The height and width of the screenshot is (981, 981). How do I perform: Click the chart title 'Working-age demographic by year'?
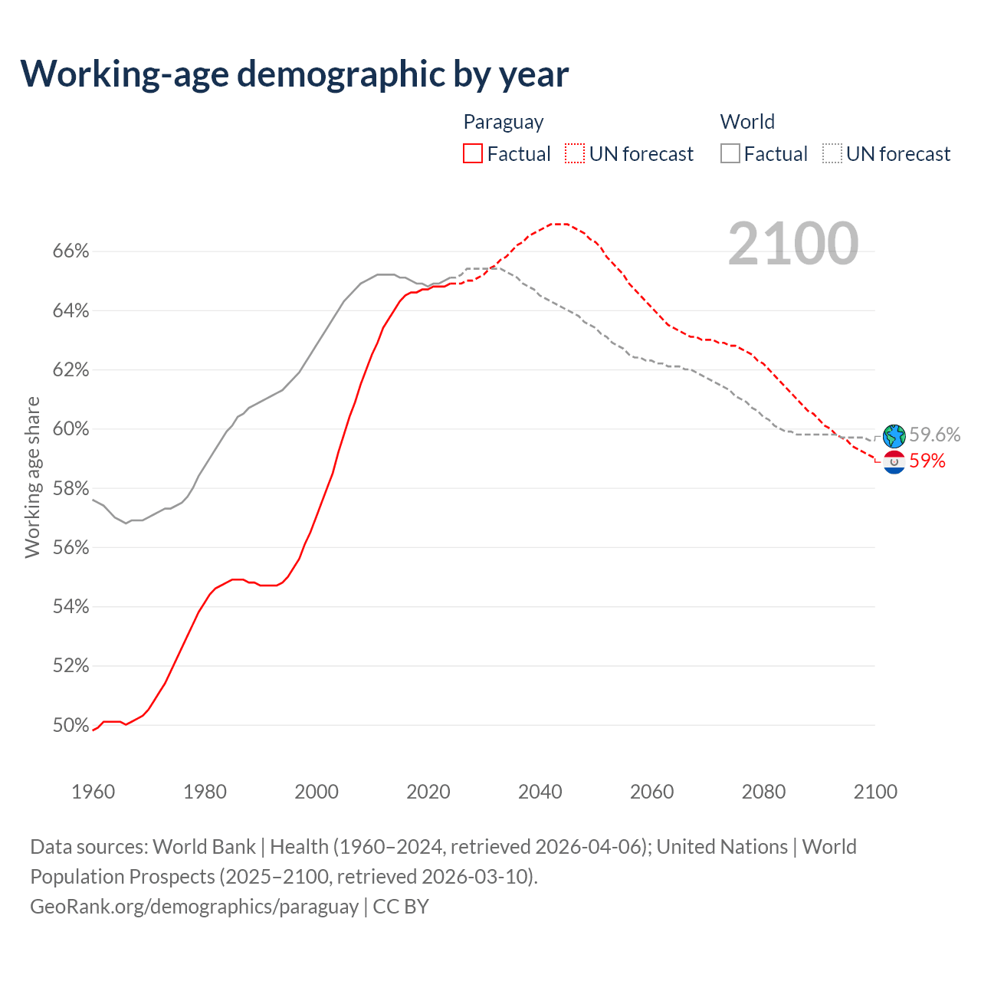pos(294,74)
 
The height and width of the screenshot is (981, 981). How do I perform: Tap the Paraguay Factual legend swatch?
pos(473,154)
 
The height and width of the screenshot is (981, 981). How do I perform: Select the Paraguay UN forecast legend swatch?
pos(575,154)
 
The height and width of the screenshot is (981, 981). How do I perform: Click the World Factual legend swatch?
pos(730,154)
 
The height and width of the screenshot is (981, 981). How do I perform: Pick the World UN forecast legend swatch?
pos(832,154)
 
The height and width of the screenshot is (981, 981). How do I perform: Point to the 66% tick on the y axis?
pos(71,251)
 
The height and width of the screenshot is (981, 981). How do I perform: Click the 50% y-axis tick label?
pos(71,725)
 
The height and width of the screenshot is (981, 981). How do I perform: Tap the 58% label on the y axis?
pos(71,488)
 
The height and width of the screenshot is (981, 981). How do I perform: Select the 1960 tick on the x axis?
pos(93,792)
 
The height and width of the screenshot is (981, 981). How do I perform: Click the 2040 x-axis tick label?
pos(540,792)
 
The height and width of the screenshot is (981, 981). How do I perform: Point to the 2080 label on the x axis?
pos(763,792)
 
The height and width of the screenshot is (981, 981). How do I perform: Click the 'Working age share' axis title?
pos(32,477)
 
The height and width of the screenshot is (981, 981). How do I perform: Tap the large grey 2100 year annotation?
pos(793,244)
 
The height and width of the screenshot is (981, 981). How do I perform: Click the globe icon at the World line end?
pos(894,436)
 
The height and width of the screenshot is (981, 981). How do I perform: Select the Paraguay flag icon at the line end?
pos(894,462)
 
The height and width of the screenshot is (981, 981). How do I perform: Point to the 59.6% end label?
pos(935,435)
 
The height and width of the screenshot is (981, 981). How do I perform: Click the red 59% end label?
pos(927,461)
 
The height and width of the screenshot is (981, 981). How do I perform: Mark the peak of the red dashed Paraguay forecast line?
pos(558,224)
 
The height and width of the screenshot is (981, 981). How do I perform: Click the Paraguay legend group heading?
pos(504,122)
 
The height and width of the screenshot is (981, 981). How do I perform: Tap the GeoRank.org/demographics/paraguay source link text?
pos(194,907)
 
